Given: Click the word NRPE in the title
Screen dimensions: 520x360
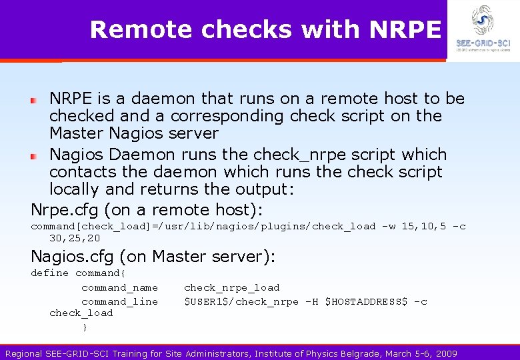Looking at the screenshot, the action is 405,29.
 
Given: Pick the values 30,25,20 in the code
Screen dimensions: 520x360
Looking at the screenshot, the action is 75,238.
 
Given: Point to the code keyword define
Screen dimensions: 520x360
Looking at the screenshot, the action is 49,273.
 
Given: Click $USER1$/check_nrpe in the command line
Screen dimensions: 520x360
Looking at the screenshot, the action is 241,302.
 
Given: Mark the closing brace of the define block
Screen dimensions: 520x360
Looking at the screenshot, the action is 85,327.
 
